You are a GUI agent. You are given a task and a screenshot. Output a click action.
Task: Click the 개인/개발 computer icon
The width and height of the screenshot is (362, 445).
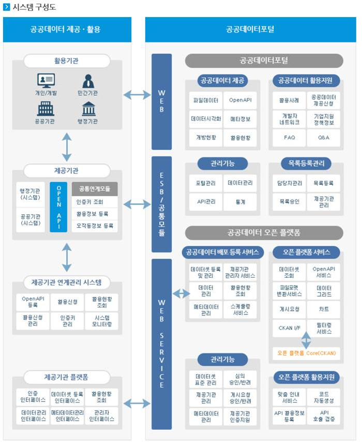tap(46, 81)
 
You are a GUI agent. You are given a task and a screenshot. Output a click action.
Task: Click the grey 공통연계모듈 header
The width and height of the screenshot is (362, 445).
tap(95, 188)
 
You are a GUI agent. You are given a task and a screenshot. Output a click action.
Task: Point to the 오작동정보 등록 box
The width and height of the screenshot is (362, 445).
tap(95, 226)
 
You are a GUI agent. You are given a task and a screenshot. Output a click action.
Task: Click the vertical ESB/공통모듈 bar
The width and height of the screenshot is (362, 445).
tap(161, 204)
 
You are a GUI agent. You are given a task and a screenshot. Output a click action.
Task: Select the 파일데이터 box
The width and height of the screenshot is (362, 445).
tap(206, 100)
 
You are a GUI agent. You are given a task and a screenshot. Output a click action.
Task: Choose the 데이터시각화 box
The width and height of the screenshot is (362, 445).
tap(206, 119)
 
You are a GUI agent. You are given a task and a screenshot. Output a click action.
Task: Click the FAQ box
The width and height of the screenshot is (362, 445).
tap(290, 138)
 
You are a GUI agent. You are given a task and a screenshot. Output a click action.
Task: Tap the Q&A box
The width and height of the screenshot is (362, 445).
tap(324, 138)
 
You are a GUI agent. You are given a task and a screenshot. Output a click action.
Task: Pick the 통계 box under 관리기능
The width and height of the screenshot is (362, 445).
tap(240, 202)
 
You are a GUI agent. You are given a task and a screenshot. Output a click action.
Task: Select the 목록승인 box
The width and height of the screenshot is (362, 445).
tap(290, 202)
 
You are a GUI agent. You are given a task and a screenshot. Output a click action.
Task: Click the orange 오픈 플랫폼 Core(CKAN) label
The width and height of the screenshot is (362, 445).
tap(307, 353)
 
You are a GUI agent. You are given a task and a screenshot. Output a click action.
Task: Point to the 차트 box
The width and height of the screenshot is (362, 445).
tap(324, 309)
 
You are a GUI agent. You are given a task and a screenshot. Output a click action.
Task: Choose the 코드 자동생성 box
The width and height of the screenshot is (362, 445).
tap(324, 397)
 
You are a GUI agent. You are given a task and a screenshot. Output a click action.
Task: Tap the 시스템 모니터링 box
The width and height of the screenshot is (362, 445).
tap(101, 321)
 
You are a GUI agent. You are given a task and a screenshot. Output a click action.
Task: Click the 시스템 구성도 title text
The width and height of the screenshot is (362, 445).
tap(34, 7)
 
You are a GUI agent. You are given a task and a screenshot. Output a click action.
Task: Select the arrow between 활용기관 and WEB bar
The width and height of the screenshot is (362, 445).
tap(137, 94)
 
